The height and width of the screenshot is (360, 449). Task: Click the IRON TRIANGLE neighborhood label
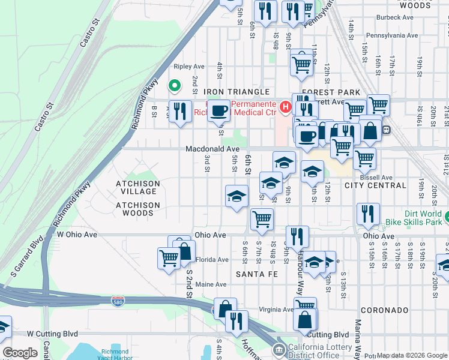236,92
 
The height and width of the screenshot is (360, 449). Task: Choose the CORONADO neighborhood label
385,310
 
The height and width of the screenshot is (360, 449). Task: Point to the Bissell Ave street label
377,178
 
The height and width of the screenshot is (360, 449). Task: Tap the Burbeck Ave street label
397,18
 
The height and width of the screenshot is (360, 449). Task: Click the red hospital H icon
286,107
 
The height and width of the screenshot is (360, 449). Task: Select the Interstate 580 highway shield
118,299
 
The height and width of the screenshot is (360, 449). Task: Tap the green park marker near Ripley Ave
174,86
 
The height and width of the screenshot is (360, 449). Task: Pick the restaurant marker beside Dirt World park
367,214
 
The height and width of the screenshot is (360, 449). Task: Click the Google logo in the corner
20,353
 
